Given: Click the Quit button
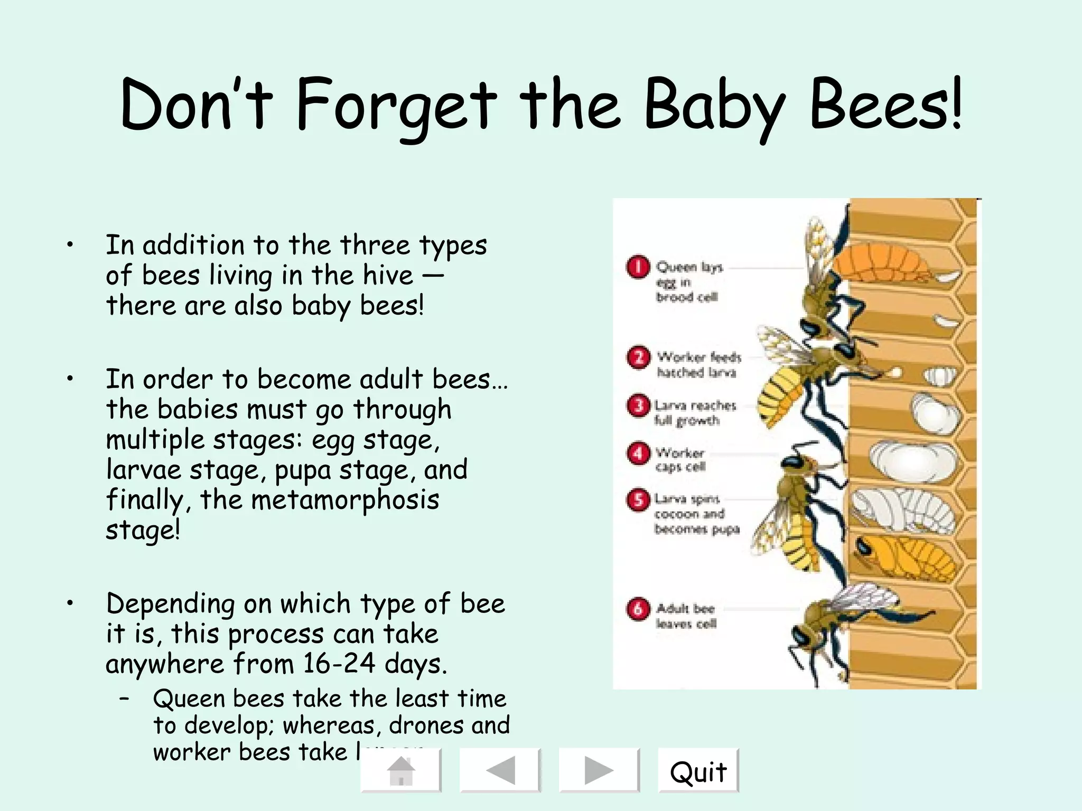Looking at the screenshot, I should tap(698, 771).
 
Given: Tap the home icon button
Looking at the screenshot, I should tap(401, 770).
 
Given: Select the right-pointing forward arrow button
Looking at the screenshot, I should tap(599, 770).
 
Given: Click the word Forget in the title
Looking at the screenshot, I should tap(396, 106).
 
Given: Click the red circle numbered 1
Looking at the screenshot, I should tap(638, 267).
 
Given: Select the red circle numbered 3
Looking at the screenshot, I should tap(638, 405).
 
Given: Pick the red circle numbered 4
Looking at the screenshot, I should tap(638, 453).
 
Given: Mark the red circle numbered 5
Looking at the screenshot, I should tap(638, 499).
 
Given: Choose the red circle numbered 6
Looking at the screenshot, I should tap(638, 609).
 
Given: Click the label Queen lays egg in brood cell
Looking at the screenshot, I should tap(687, 282).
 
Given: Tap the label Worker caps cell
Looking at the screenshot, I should tap(680, 460).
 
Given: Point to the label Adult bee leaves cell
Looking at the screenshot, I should tap(686, 616).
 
